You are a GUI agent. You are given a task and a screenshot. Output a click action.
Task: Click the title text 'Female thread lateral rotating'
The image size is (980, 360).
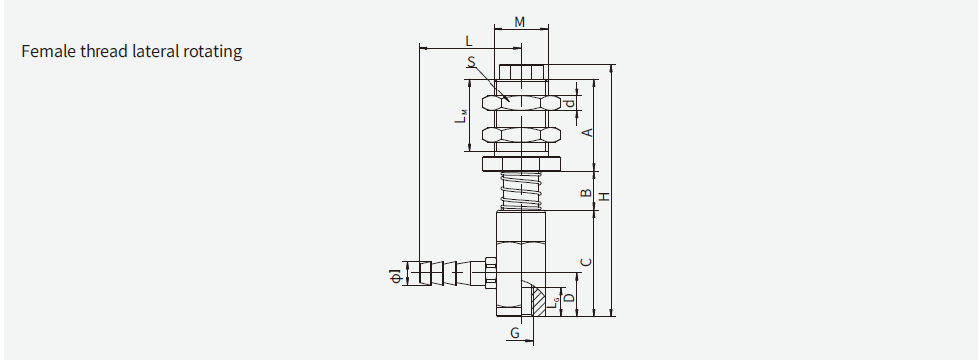point(131,52)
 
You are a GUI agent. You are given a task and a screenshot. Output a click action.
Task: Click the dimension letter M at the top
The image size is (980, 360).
point(521,22)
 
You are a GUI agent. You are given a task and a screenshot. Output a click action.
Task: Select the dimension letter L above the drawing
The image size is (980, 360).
point(469,40)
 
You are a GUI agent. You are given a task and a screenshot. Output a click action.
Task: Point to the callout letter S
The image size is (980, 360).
point(470,62)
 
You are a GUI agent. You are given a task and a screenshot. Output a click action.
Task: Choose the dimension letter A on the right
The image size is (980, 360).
point(587,132)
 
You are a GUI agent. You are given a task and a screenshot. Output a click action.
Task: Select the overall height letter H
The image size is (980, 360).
point(603,196)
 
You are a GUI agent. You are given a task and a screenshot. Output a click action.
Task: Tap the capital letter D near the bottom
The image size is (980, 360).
point(569,297)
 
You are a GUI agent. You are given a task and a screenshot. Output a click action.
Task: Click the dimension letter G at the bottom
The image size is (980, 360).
point(514,332)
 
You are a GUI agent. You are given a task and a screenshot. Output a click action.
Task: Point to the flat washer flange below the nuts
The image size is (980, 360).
point(520,163)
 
